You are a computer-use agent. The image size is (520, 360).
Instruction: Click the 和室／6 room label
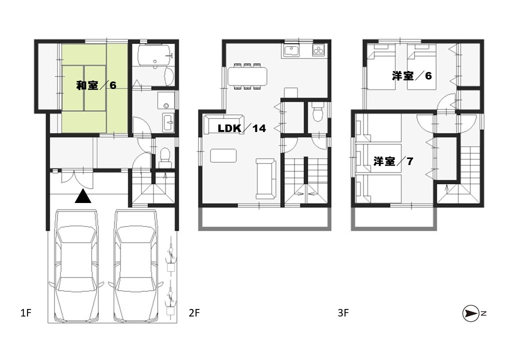coord(96,85)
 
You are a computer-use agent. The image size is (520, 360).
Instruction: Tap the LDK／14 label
coord(242,128)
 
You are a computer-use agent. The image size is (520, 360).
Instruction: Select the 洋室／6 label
coord(412,76)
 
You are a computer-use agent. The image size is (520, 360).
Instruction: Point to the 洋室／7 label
coord(393,161)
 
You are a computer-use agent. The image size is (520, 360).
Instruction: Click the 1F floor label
coord(26,313)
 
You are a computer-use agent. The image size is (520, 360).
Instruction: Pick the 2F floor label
coord(194,313)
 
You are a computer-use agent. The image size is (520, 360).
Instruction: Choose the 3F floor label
coord(343,313)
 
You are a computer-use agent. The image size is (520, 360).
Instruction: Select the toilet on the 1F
coord(165,157)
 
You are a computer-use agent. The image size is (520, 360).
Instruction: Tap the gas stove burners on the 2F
coord(319,50)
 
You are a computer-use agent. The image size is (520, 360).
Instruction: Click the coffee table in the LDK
coord(223,155)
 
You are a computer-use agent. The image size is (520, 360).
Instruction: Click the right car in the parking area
coord(136,265)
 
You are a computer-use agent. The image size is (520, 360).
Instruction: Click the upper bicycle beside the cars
coord(171,254)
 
